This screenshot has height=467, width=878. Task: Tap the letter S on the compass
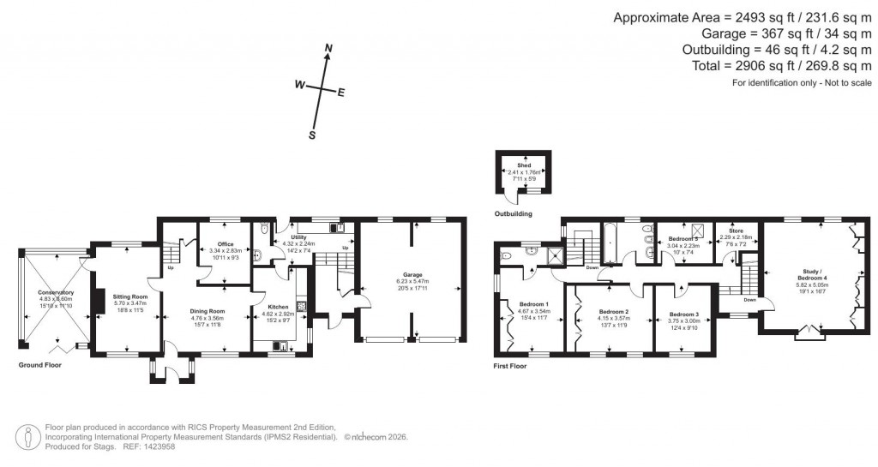[x=313, y=135]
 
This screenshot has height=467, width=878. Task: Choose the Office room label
[x=226, y=244]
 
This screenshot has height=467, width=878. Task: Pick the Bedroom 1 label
[x=534, y=303]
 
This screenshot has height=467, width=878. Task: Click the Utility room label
[x=298, y=236]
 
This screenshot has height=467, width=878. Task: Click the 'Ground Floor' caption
[x=39, y=365]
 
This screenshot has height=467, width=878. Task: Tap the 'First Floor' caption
[x=510, y=366]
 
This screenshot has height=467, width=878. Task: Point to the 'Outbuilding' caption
[x=514, y=213]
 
